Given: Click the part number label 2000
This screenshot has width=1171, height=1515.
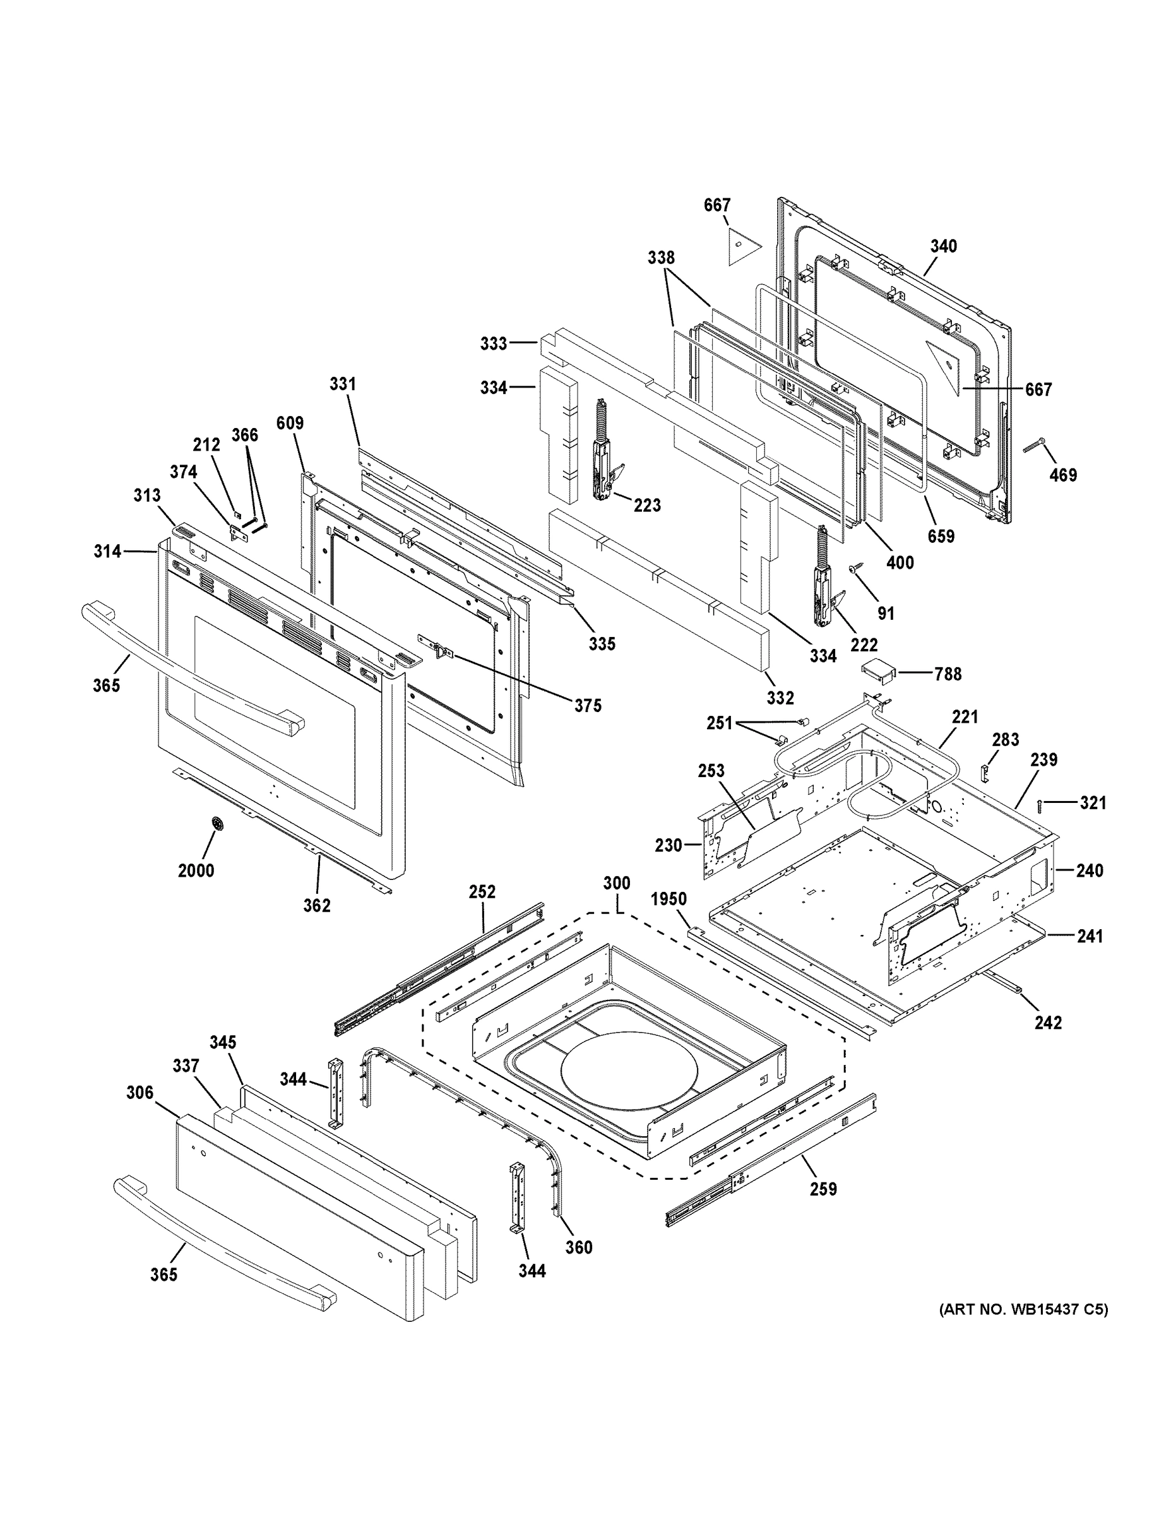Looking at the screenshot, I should click(196, 870).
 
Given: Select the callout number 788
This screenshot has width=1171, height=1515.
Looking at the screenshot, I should click(948, 674).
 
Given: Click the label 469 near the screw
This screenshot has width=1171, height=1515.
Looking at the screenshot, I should click(1063, 475).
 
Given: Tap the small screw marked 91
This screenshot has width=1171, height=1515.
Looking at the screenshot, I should click(855, 568).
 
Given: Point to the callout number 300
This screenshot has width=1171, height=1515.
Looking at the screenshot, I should click(616, 883).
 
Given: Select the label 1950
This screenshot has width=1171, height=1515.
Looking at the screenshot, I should click(669, 899).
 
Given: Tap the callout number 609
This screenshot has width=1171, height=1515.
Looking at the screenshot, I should click(290, 423).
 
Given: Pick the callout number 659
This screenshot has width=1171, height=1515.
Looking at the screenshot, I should click(941, 535).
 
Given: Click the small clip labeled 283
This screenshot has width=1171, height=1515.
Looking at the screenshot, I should click(984, 770).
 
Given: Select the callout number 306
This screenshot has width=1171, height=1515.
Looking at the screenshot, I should click(140, 1093).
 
